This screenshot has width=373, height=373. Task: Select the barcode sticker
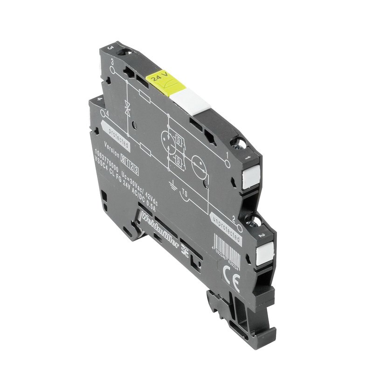click(x=227, y=252)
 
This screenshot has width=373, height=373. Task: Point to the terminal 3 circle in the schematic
click(x=112, y=69)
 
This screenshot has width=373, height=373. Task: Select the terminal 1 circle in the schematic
click(x=227, y=164)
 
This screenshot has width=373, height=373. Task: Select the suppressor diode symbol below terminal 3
click(x=127, y=108)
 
